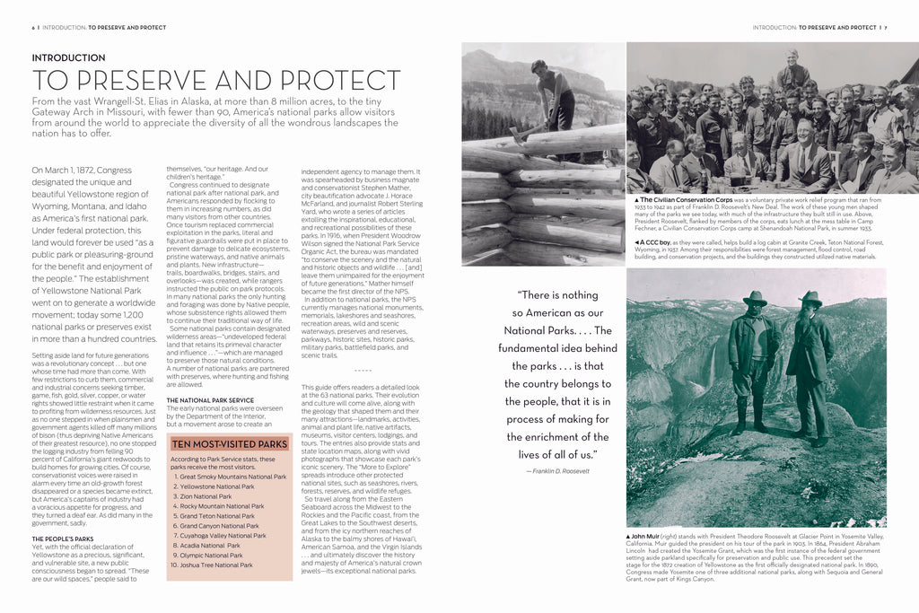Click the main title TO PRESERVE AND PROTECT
tap(215, 80)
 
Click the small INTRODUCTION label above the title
tap(68, 58)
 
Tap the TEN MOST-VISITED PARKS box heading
tap(230, 443)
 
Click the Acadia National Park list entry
tap(208, 546)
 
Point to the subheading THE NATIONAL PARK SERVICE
tap(210, 400)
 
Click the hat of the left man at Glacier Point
tap(755, 297)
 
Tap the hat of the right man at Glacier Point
tap(810, 297)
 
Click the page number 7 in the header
tap(886, 28)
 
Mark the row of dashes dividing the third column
tap(362, 370)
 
